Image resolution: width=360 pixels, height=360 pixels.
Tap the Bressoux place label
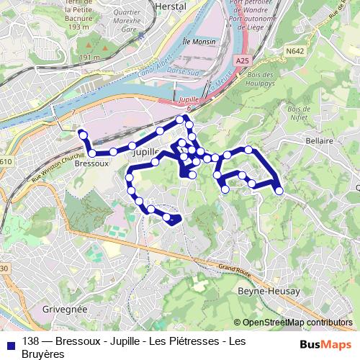point(91,164)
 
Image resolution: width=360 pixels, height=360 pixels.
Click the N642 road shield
point(293,51)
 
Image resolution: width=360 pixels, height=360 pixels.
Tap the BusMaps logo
point(326,343)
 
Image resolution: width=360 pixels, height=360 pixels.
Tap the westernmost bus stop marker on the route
point(83,134)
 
